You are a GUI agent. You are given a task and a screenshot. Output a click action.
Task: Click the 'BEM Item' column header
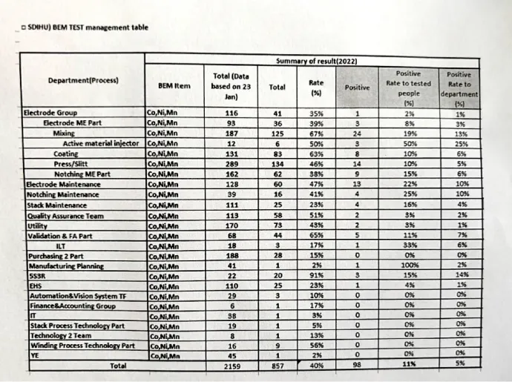[x=174, y=87]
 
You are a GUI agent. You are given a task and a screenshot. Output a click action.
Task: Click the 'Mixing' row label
[x=64, y=134]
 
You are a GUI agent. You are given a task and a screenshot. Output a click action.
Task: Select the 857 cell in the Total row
[x=277, y=366]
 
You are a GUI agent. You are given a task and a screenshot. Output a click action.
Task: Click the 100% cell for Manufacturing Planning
[x=408, y=266]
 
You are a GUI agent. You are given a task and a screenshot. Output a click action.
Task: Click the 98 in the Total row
[x=357, y=366]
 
